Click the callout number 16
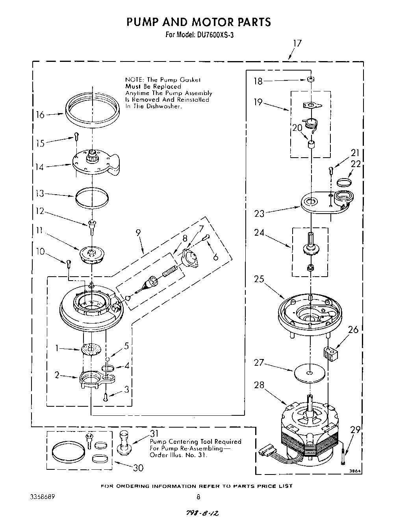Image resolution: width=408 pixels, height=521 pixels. tap(39, 115)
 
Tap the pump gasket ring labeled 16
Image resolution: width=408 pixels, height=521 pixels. tap(92, 110)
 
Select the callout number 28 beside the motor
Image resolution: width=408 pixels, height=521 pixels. tap(259, 385)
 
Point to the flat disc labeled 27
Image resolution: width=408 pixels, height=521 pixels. tap(310, 372)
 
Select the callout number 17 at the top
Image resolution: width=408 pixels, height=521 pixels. tap(297, 43)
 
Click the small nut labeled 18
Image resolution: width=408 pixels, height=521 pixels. tap(311, 80)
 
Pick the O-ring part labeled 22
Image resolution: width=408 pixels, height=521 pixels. tap(345, 182)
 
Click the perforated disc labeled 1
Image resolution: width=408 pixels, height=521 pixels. tap(90, 349)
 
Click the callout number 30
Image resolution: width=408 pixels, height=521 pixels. tap(138, 468)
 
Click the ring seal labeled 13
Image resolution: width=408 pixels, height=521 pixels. tap(92, 197)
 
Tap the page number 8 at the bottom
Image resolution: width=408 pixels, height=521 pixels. tap(198, 497)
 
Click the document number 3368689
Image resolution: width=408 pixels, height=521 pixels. tap(42, 497)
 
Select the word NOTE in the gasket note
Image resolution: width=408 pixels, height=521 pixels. tap(134, 79)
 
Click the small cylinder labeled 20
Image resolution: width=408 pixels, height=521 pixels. tap(311, 145)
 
